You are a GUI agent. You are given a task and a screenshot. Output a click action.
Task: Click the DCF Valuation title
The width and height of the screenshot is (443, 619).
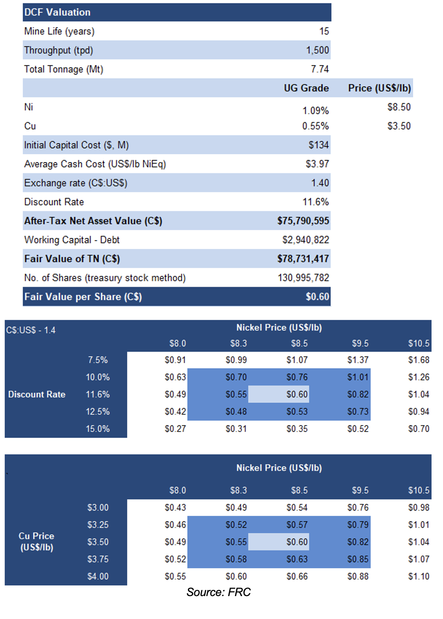[57, 12]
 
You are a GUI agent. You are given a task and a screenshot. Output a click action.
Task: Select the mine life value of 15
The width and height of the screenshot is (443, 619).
[324, 31]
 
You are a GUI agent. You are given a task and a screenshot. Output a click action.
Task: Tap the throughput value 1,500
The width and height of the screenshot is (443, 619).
[318, 50]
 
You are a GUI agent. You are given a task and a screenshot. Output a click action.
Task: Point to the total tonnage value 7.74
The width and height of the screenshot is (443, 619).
[320, 69]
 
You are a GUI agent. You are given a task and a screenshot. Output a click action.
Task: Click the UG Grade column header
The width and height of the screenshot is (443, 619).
[307, 88]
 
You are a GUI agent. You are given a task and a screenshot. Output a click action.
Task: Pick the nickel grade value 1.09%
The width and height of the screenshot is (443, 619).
[316, 111]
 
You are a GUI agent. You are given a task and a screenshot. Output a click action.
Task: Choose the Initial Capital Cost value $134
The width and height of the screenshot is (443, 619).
[319, 145]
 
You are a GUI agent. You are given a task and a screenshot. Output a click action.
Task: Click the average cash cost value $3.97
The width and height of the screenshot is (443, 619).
[317, 164]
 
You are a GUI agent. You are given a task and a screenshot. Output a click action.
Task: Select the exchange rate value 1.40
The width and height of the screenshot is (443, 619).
[320, 183]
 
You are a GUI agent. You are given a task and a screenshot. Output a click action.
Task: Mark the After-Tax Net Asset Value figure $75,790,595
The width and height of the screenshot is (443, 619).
[303, 221]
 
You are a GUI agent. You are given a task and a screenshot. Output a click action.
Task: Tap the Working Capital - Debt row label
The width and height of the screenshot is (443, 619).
[72, 240]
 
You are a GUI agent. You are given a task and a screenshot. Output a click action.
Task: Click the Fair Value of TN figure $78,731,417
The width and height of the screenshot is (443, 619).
[303, 259]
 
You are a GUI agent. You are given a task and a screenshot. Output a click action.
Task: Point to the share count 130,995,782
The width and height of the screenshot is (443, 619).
[303, 278]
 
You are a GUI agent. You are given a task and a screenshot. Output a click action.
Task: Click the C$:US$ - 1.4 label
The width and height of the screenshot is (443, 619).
[31, 330]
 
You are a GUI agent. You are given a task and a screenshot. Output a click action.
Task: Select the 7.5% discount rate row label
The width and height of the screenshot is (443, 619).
[98, 360]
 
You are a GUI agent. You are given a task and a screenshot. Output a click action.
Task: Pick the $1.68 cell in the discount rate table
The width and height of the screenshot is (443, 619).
[419, 360]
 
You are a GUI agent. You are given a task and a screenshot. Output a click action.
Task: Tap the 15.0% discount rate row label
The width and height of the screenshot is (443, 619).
[98, 429]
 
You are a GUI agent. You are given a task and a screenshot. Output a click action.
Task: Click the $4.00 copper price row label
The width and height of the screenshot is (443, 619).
[98, 576]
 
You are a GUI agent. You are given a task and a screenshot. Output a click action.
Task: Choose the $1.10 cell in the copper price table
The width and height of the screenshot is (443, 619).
[419, 576]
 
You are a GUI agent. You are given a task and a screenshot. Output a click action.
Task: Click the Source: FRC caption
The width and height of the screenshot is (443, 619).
[218, 592]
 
